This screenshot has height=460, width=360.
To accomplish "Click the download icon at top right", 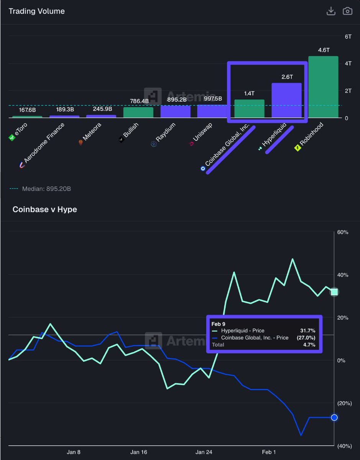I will point(330,11).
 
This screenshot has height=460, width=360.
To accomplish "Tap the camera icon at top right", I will point(347,11).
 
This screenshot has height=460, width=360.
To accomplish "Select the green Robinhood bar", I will point(323,87).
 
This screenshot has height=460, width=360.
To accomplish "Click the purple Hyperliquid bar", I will point(286,100).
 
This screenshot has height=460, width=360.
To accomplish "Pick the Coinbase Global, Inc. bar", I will point(249,108).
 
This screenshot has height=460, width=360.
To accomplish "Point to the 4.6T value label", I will point(323,50).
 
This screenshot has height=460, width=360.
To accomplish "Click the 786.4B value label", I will point(138,101).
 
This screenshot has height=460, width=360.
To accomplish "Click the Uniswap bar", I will point(212,111).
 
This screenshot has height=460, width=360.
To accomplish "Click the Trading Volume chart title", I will point(37,11).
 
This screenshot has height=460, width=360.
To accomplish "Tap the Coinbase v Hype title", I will point(44,209).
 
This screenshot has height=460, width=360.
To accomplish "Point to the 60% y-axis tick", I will point(343,232).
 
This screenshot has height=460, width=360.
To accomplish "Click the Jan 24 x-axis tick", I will point(204,452).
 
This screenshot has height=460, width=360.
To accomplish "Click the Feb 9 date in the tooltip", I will point(218,324).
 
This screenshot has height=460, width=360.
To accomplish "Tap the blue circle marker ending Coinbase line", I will point(334,417).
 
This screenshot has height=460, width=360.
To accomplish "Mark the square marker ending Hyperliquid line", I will point(334,292).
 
